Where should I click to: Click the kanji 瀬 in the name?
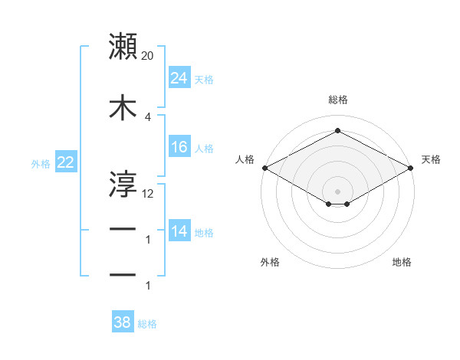123,47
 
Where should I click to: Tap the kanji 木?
123,108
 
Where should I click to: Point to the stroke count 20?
148,56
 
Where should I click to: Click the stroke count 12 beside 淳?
148,193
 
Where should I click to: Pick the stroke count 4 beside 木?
147,116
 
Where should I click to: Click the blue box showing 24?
179,77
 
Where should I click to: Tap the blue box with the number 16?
179,147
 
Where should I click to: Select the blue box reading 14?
179,231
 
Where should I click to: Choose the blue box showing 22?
65,163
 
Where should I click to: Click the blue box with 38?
123,322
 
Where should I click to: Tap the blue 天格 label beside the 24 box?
204,79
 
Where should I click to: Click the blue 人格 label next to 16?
204,149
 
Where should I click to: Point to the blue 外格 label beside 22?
41,164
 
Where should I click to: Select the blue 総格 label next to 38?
147,324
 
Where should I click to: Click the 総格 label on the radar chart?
337,100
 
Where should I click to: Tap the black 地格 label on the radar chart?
402,262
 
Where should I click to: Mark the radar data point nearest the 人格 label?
264,168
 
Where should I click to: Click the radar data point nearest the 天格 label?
410,168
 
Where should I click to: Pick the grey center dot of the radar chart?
337,190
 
